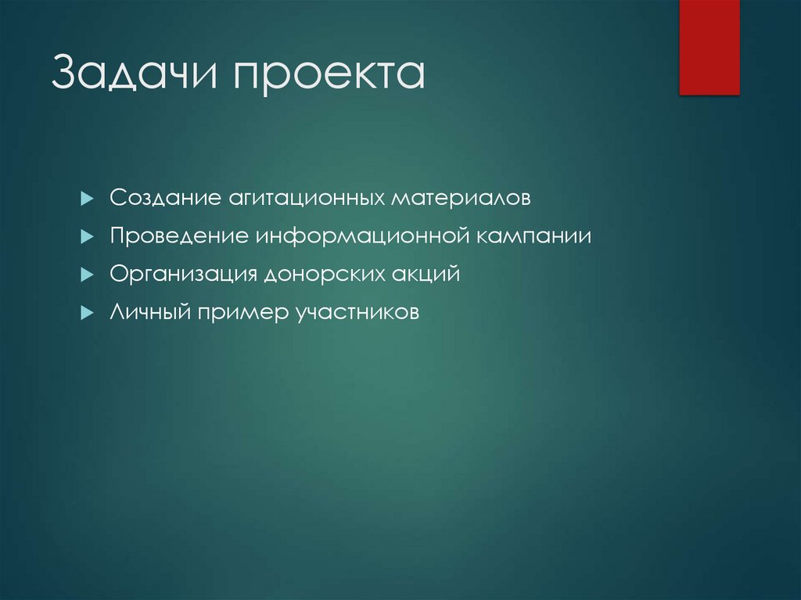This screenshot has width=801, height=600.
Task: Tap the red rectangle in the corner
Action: (709, 47)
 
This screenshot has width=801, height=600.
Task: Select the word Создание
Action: (165, 197)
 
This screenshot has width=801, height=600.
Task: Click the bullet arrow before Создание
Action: (88, 198)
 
